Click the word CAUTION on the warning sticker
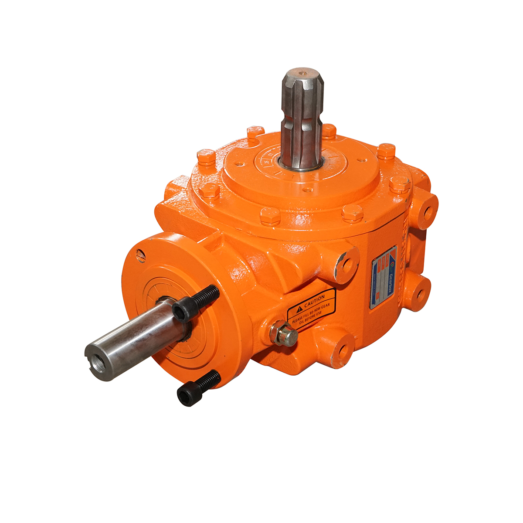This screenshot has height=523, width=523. click(x=314, y=300)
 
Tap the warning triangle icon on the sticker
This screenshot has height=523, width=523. click(x=299, y=309)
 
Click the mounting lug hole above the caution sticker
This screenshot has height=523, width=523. click(x=347, y=264)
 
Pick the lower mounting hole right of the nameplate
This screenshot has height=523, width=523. click(x=420, y=293)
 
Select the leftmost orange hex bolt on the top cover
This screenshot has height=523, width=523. click(x=206, y=157)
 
